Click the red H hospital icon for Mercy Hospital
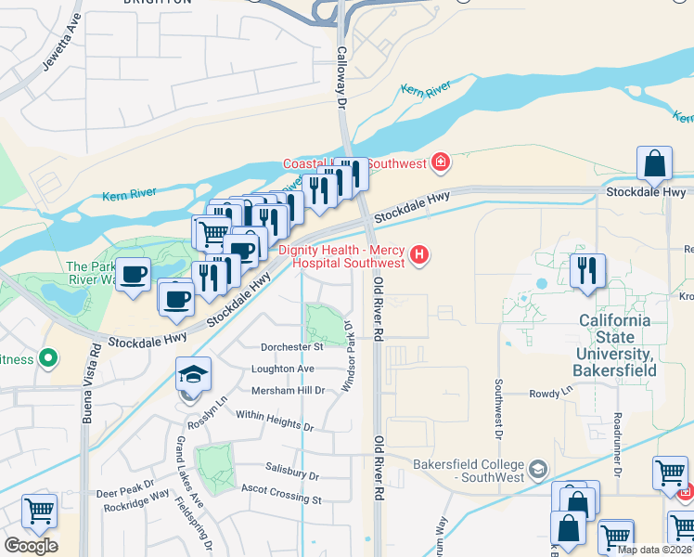(x=421, y=253)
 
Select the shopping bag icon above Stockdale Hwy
(x=655, y=163)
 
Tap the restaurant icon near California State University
(x=587, y=271)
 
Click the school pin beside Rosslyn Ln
(x=194, y=375)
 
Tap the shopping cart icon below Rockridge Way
(x=39, y=511)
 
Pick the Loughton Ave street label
(x=283, y=369)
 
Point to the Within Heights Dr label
(x=275, y=421)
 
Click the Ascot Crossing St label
(x=280, y=494)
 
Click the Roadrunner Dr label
(x=616, y=441)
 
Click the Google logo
(x=31, y=546)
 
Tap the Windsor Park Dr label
(x=349, y=356)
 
